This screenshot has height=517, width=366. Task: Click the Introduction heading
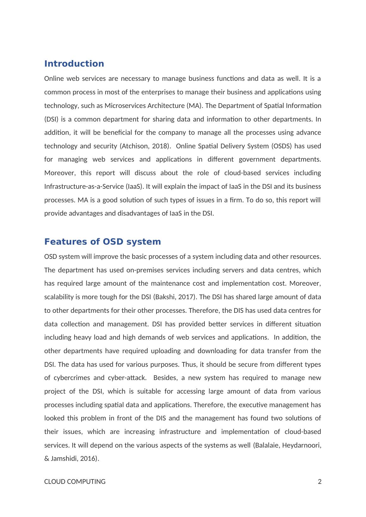coord(74,64)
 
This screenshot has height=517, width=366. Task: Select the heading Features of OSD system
coord(102,242)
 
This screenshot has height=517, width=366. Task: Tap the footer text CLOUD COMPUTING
coord(75,482)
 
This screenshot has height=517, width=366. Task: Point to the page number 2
coord(320,482)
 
